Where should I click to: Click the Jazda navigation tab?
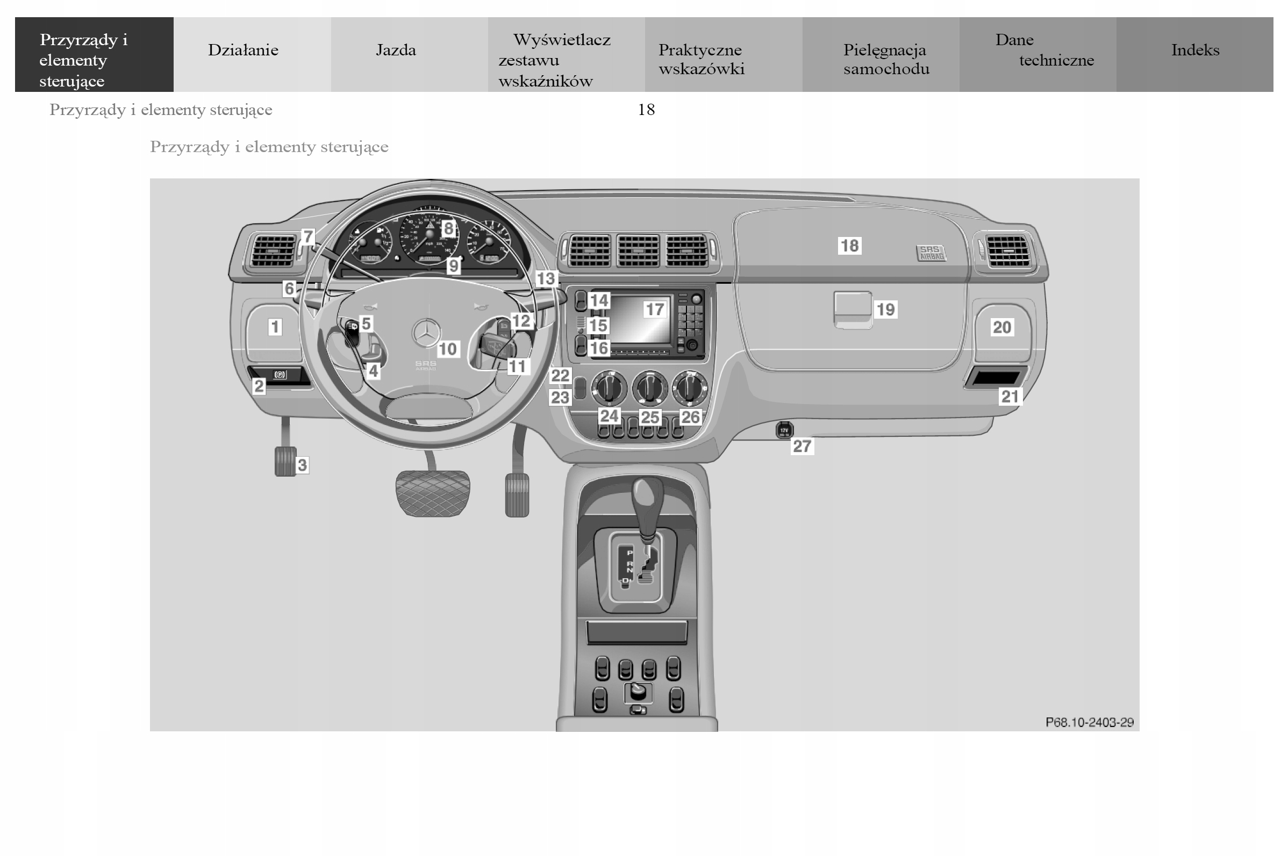396,50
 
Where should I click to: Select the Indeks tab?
1194,50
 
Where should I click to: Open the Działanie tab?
243,50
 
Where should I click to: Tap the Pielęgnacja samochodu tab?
885,59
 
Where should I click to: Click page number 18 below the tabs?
646,110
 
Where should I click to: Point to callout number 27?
802,446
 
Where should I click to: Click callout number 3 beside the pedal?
302,465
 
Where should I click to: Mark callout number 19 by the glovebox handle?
885,310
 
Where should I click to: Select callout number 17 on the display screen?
655,310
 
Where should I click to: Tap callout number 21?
1009,397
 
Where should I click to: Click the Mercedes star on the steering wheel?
426,332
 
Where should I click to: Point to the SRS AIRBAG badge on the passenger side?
931,253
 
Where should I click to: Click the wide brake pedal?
432,493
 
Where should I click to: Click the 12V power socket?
785,430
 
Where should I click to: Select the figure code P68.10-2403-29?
1089,722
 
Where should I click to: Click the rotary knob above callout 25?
650,387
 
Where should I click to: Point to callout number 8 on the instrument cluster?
448,228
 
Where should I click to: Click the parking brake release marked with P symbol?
280,375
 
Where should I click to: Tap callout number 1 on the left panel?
275,327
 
